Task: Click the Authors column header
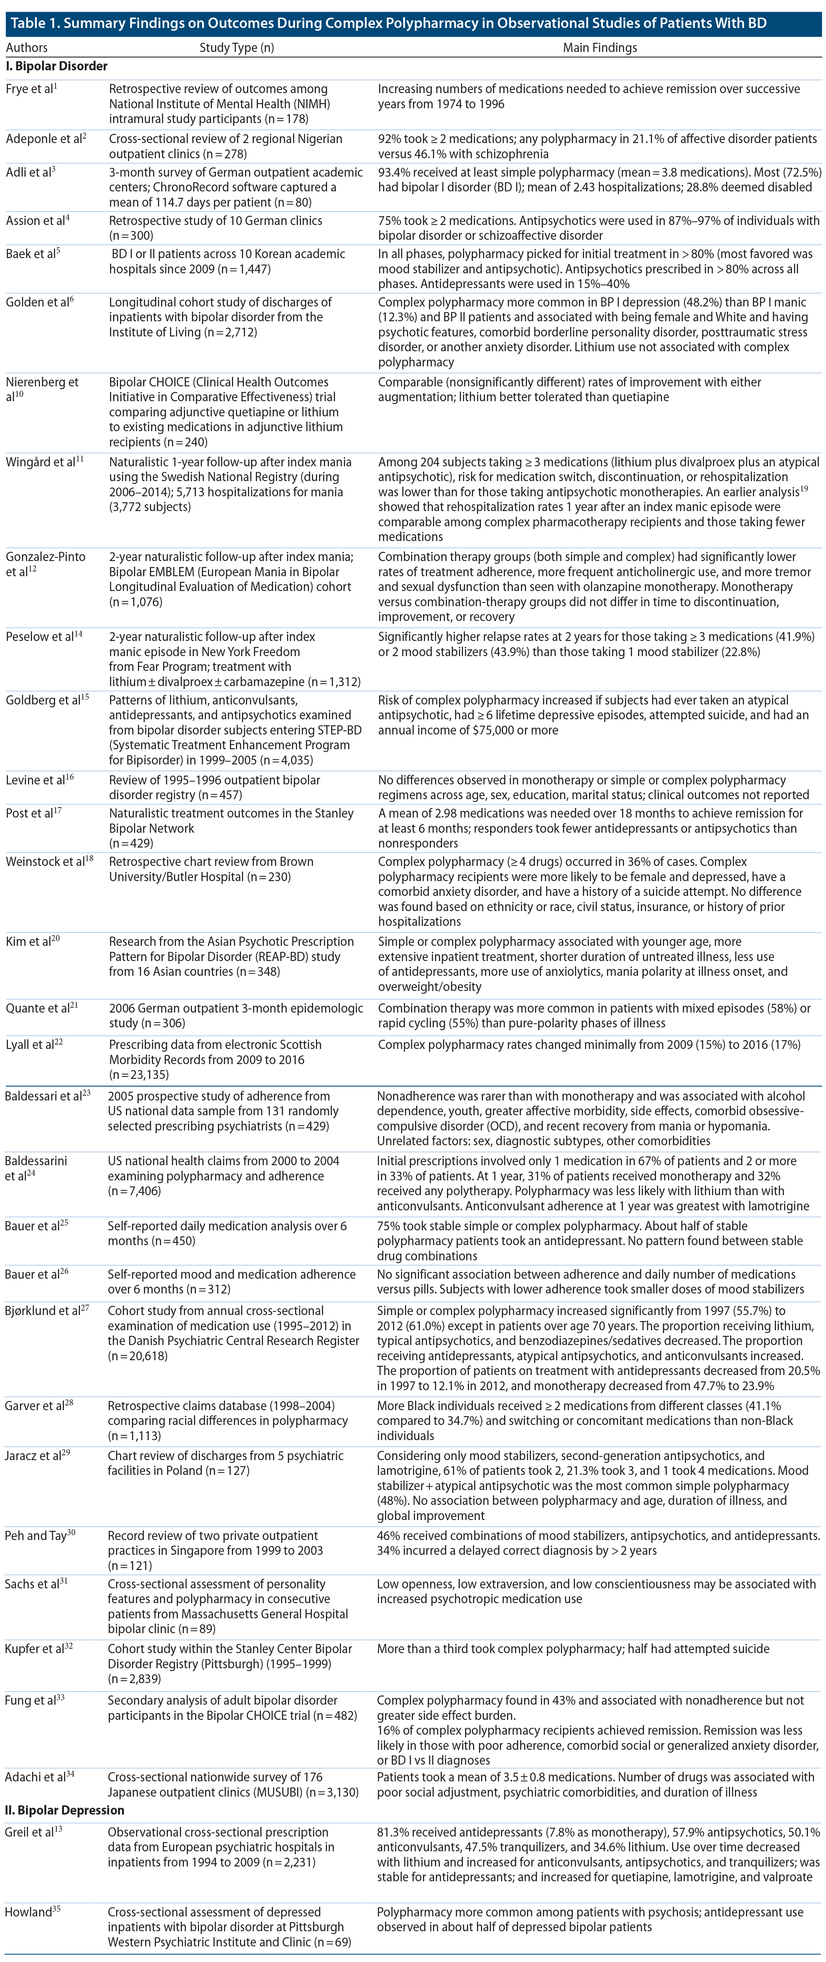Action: click(x=27, y=47)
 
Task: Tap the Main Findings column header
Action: click(x=600, y=47)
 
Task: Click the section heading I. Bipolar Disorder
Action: click(x=57, y=66)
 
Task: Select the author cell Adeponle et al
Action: click(x=45, y=139)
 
